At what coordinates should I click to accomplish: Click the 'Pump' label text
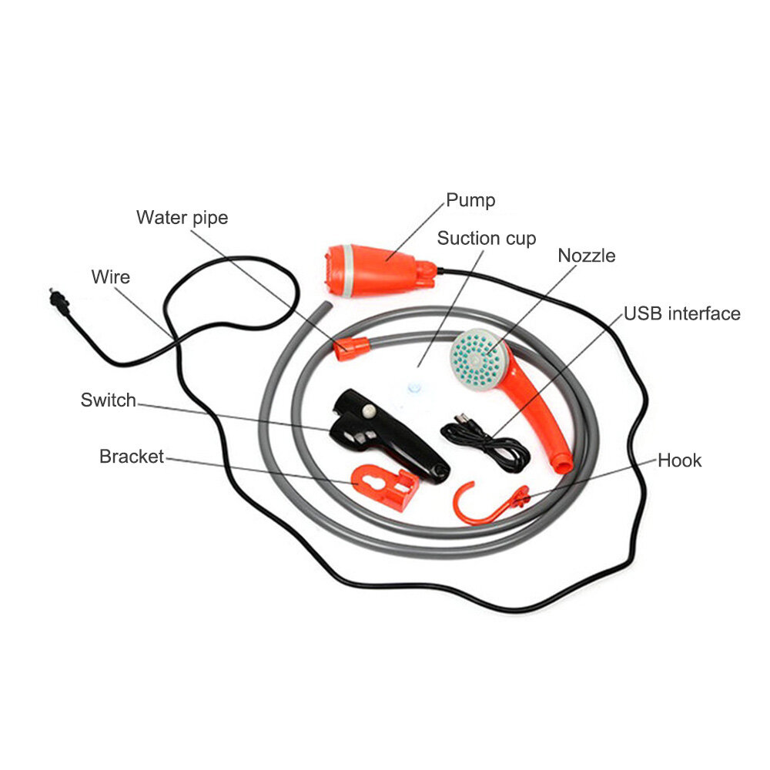pos(470,200)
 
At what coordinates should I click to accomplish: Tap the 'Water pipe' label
pos(182,218)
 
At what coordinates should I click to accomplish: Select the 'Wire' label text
pos(110,277)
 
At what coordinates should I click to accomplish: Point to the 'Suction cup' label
pos(486,238)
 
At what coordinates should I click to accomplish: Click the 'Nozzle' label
pos(586,256)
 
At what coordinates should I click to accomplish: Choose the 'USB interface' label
pos(681,313)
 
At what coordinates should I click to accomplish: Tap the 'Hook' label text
pos(679,460)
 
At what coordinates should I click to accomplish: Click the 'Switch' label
pos(108,400)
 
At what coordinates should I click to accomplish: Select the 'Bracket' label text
pos(131,456)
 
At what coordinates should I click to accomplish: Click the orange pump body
pos(378,270)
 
